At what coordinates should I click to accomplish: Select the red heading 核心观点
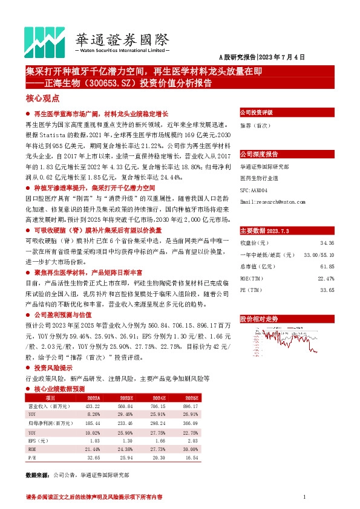coord(42,98)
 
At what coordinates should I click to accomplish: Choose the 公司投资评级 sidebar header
coord(257,112)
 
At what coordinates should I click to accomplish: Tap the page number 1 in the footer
coord(304,497)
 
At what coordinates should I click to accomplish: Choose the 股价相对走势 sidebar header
coord(259,318)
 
